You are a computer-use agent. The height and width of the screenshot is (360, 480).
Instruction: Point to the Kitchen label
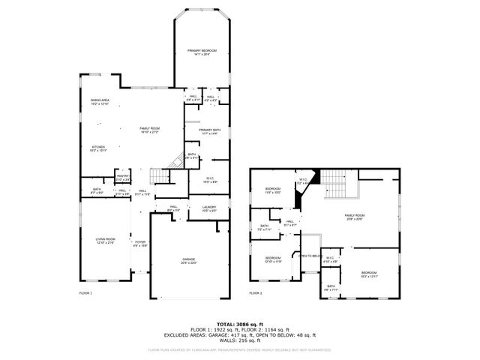coord(100,148)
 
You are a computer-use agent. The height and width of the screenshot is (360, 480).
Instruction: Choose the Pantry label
coord(123,178)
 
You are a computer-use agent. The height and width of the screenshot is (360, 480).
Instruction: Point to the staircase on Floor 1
coord(159,177)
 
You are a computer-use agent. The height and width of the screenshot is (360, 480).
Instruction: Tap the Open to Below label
coord(310,256)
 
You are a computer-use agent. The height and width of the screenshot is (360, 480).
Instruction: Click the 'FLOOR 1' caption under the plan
coord(85,293)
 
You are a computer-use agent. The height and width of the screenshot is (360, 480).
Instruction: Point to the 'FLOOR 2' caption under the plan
coord(256,293)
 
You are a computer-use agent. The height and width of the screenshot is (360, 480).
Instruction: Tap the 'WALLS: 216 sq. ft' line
coord(240,340)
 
